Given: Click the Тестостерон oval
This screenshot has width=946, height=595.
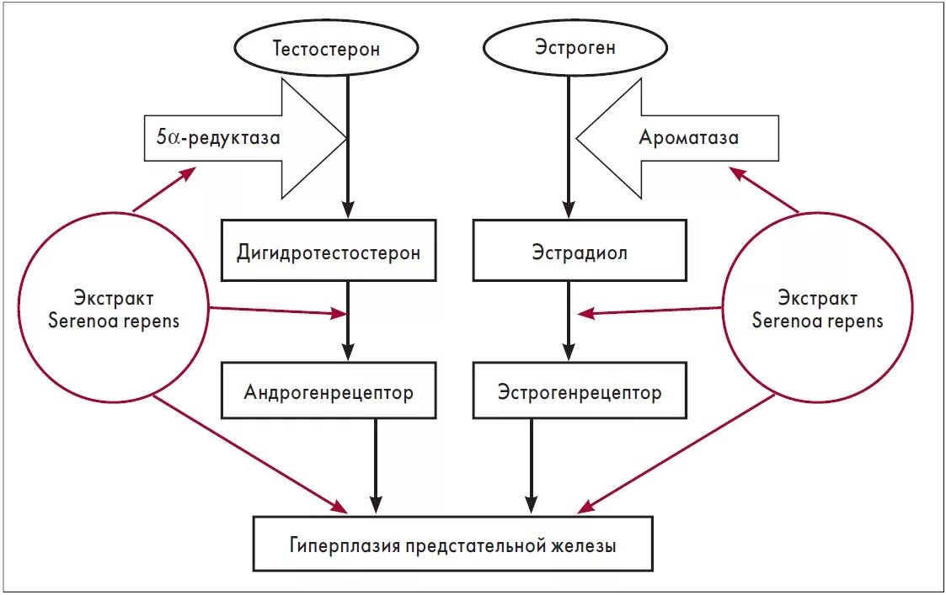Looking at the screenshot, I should tap(326, 48).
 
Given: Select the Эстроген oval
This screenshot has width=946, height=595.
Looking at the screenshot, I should tap(575, 47).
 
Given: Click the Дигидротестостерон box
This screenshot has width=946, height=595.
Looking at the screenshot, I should tap(329, 251).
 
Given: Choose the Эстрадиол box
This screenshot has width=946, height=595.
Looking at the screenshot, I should tap(579, 251).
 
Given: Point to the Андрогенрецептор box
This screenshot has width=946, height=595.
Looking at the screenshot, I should tap(329, 391).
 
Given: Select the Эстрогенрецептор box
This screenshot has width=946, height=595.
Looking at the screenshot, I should tap(579, 391).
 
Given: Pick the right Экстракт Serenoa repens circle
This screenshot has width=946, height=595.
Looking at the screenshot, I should tap(817, 309).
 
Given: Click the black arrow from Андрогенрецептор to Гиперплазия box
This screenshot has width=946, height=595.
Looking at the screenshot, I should tap(377, 467).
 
